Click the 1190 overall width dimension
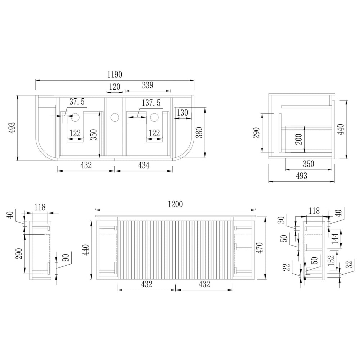[x=115, y=75]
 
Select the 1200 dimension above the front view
[x=175, y=204]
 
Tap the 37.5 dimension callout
[x=77, y=102]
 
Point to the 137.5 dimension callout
[x=151, y=103]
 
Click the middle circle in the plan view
[x=115, y=117]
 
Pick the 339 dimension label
[x=148, y=85]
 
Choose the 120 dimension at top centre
[x=114, y=86]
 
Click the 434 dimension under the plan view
[x=144, y=165]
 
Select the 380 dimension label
[x=199, y=132]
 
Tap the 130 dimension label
[x=183, y=112]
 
